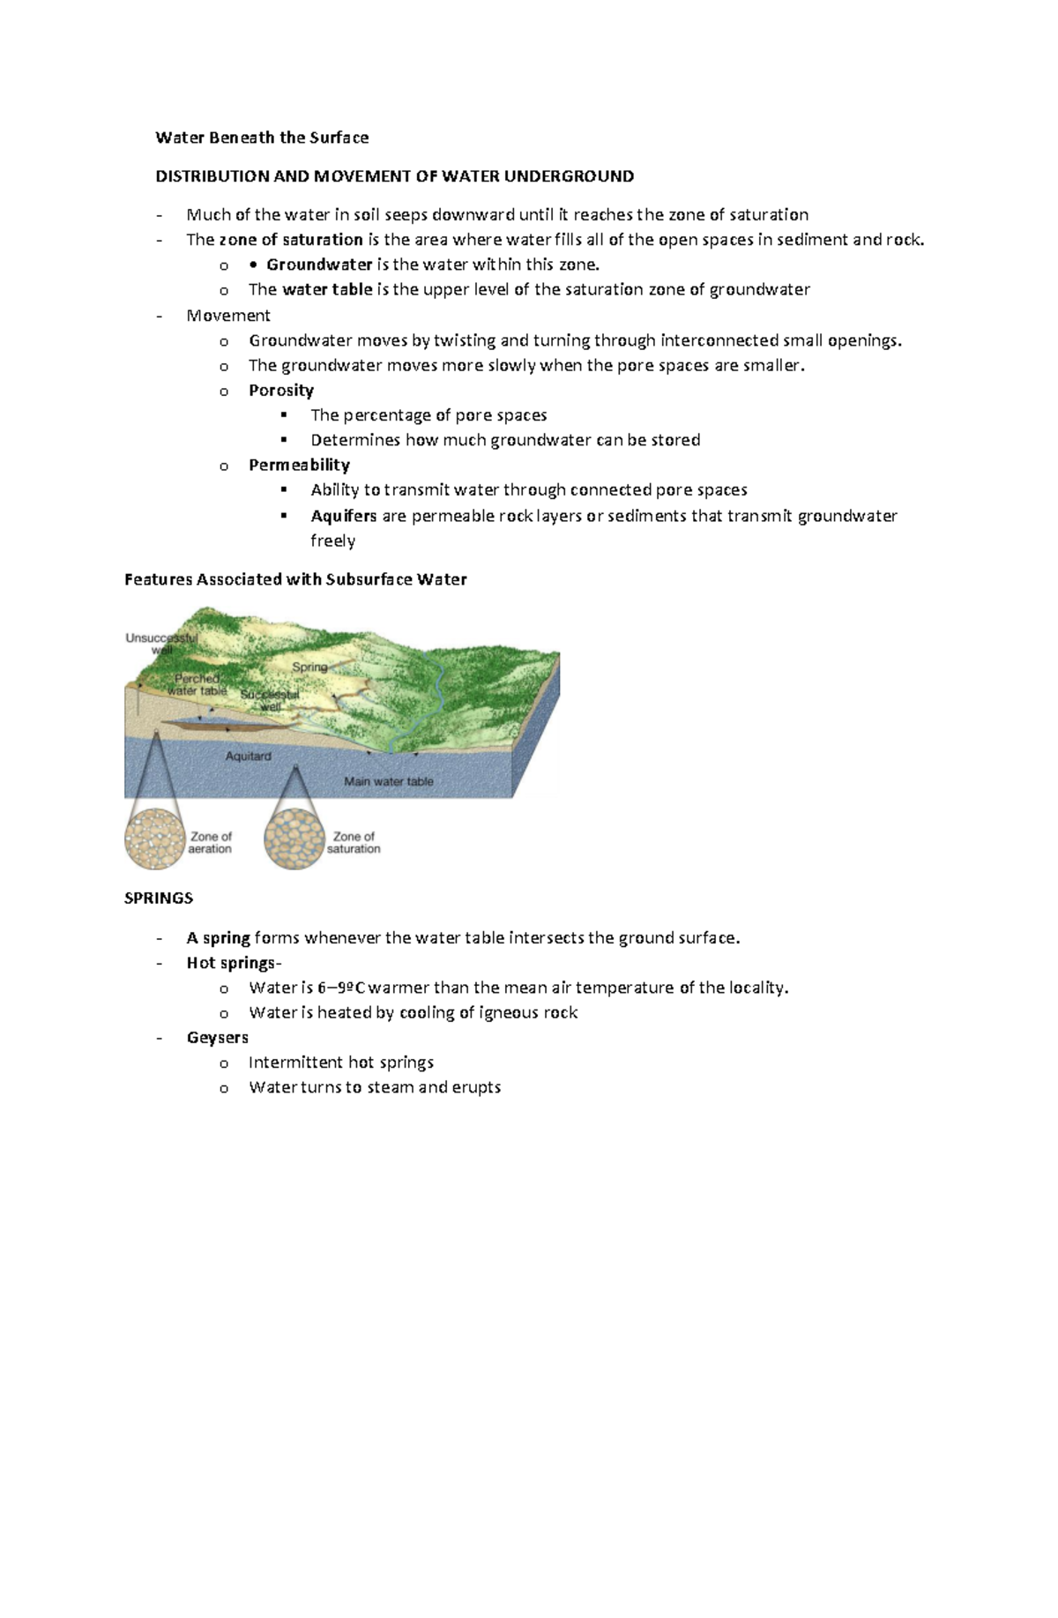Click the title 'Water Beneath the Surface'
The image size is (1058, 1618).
[262, 138]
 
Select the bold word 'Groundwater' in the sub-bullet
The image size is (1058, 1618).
[319, 265]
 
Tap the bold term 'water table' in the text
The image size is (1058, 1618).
[326, 289]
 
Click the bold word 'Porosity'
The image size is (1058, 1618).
[280, 390]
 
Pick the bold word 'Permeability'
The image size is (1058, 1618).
[299, 465]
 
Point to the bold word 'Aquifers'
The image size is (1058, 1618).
[343, 516]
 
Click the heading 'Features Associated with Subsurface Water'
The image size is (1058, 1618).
[295, 579]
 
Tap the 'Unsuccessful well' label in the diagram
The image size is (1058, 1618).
[161, 644]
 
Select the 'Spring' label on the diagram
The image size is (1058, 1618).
[309, 667]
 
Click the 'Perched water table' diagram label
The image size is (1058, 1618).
[197, 685]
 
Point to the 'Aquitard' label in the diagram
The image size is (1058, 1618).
[248, 757]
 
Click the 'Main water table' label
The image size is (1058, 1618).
[388, 781]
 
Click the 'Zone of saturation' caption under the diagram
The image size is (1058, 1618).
[354, 843]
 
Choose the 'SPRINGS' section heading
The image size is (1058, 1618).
[159, 898]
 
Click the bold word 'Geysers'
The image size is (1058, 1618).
[217, 1037]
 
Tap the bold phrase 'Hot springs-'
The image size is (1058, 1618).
[234, 963]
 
